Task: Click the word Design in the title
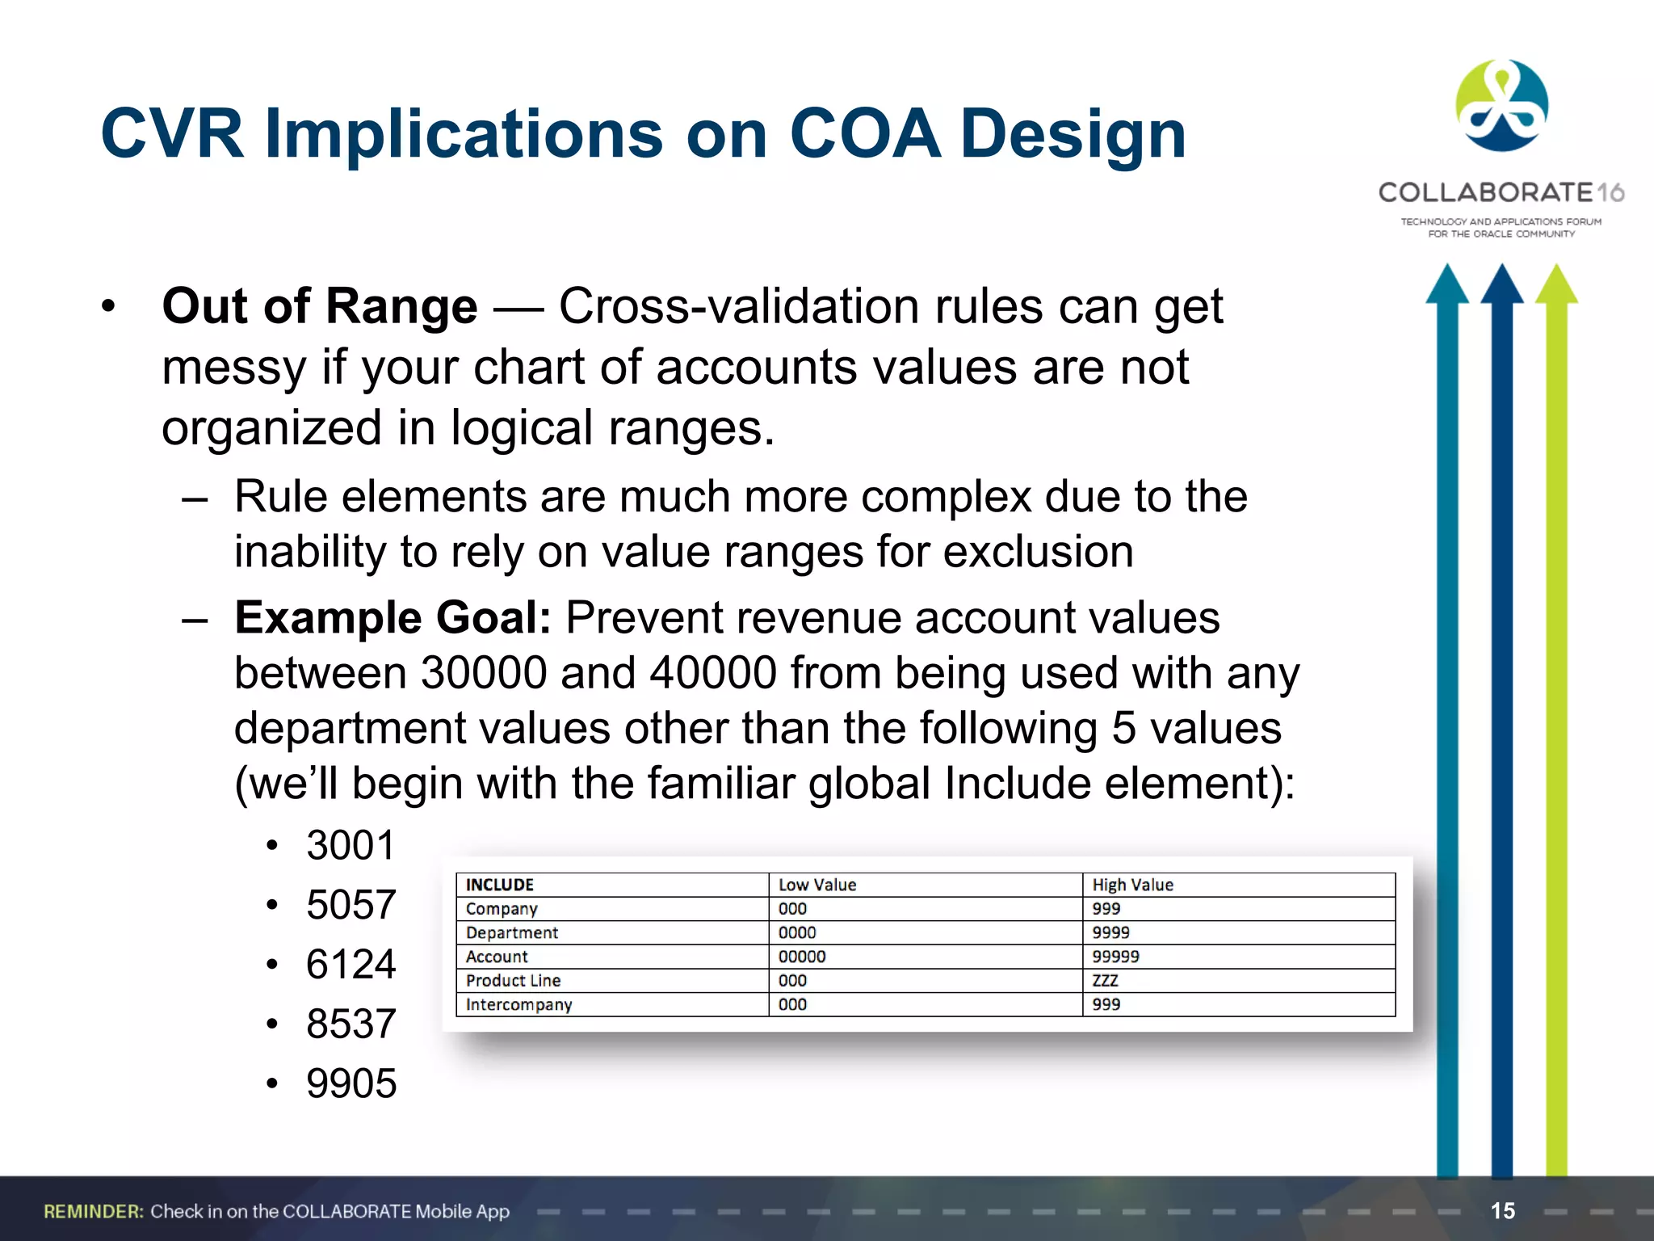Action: point(1073,135)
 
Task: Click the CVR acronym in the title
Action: point(171,133)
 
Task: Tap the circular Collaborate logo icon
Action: point(1501,106)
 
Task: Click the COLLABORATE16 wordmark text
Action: point(1501,192)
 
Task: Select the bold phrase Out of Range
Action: point(320,307)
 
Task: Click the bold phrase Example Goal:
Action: point(393,618)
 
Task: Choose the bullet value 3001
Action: point(351,846)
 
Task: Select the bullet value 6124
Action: point(351,965)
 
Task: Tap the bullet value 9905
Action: point(351,1083)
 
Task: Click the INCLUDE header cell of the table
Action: point(500,885)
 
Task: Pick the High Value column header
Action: point(1132,885)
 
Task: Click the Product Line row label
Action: point(513,981)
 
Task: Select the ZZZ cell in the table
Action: point(1105,981)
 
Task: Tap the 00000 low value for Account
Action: point(801,957)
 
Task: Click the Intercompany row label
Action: point(518,1005)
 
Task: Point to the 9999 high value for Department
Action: point(1110,932)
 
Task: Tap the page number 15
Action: point(1502,1210)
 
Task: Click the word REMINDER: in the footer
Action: point(94,1211)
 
